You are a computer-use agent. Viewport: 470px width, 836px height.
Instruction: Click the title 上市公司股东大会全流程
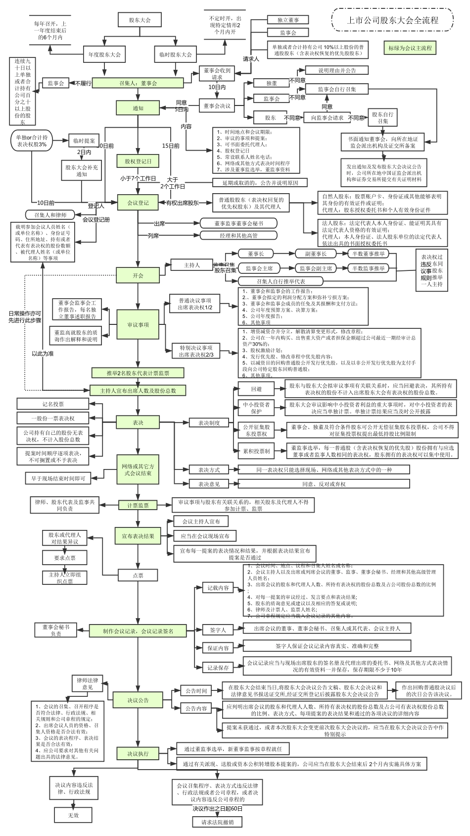(x=392, y=21)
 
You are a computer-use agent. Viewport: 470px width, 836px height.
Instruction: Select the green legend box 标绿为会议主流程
(x=410, y=48)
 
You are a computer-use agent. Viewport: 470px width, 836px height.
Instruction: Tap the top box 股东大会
(x=140, y=20)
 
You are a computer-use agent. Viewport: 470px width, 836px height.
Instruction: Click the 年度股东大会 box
(x=104, y=54)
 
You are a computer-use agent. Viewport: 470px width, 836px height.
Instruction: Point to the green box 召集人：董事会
(x=138, y=83)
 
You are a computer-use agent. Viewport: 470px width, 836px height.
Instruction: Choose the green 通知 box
(x=138, y=108)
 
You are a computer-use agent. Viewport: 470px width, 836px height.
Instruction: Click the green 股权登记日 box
(x=138, y=161)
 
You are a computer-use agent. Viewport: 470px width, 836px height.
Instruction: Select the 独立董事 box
(x=287, y=20)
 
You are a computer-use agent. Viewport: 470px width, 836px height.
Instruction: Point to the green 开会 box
(x=138, y=275)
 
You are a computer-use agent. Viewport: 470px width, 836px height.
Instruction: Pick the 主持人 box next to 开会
(x=191, y=265)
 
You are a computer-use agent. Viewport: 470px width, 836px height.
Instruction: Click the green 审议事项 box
(x=138, y=325)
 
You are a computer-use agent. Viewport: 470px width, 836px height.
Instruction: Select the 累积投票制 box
(x=256, y=451)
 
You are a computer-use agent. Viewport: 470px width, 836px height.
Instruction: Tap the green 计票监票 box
(x=138, y=505)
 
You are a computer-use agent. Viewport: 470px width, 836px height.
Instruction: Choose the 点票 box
(x=138, y=575)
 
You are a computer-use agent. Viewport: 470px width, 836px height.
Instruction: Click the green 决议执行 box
(x=138, y=754)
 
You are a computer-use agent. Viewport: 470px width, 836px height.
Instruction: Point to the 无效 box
(x=73, y=815)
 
